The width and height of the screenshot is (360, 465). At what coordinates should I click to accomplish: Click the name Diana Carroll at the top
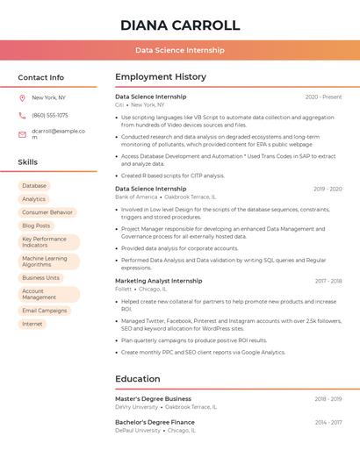[x=179, y=25]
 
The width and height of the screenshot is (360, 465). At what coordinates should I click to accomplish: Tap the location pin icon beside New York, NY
[x=22, y=97]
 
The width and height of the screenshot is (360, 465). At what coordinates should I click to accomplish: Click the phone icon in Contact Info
[x=22, y=115]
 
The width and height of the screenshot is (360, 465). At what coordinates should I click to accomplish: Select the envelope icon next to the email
[x=22, y=134]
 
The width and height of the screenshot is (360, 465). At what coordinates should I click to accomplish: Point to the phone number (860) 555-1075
[x=50, y=115]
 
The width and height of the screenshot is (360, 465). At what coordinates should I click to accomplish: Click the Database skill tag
[x=34, y=186]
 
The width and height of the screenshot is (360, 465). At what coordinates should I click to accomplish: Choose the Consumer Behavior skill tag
[x=47, y=212]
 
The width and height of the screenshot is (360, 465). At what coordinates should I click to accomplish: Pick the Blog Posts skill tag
[x=36, y=225]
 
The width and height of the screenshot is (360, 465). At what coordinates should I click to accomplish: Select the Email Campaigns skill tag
[x=45, y=311]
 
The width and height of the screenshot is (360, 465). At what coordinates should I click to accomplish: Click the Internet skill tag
[x=32, y=324]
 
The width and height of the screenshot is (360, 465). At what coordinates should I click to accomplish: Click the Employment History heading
[x=160, y=77]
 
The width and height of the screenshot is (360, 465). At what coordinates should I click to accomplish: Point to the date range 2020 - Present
[x=324, y=97]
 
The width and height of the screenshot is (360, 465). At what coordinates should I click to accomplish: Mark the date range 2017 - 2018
[x=328, y=282]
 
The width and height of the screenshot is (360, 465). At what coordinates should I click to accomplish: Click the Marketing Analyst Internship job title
[x=158, y=281]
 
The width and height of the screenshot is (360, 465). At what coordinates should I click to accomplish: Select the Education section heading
[x=138, y=379]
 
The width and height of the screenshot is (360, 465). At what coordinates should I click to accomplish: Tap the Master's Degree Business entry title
[x=153, y=399]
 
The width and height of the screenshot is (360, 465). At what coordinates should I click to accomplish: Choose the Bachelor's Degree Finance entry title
[x=155, y=423]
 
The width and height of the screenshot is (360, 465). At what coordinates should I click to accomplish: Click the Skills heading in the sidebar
[x=28, y=162]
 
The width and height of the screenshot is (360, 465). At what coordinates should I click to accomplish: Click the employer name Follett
[x=123, y=289]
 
